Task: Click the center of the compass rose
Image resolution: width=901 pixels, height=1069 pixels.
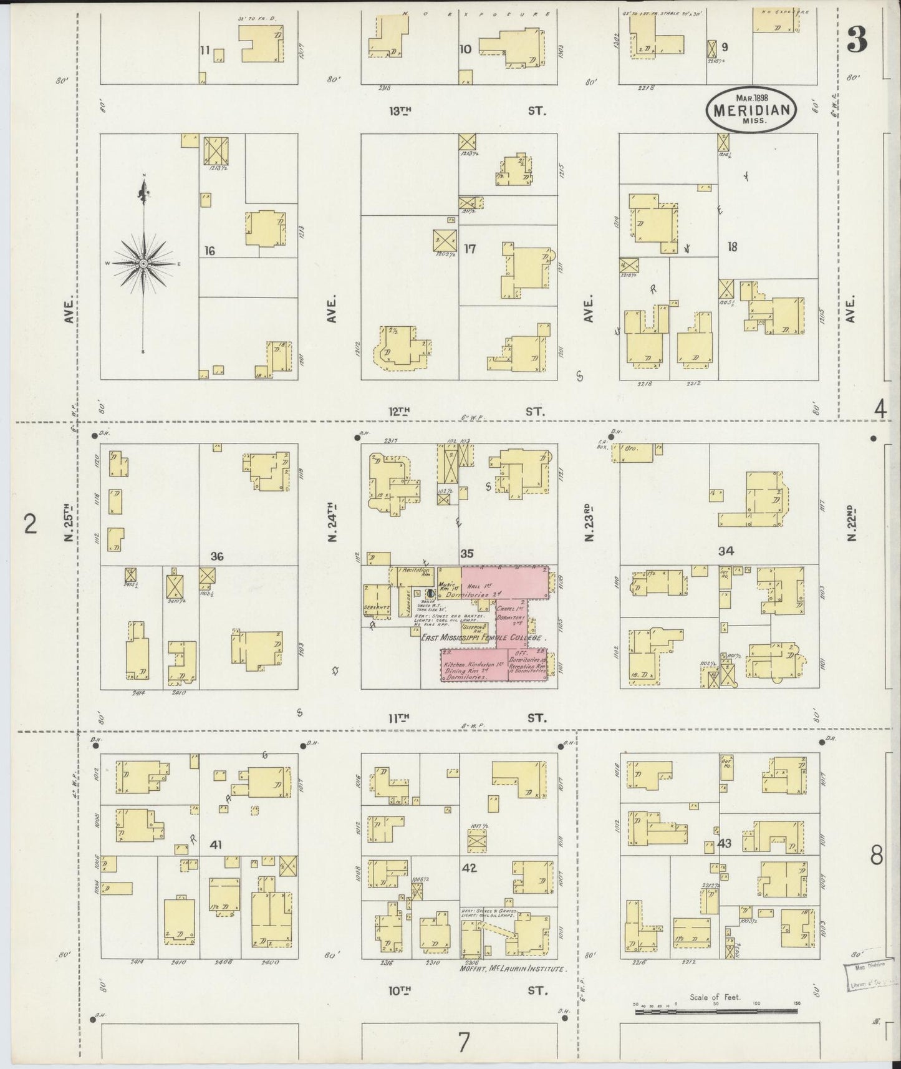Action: [x=144, y=264]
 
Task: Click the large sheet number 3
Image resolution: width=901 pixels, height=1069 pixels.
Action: [x=857, y=41]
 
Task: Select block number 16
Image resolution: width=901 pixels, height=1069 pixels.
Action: [x=209, y=251]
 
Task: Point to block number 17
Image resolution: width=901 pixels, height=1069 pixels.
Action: [x=470, y=249]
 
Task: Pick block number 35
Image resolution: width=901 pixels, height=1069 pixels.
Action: [x=468, y=553]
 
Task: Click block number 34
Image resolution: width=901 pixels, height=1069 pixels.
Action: [x=726, y=551]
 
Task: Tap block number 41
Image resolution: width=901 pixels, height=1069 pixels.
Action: [x=216, y=845]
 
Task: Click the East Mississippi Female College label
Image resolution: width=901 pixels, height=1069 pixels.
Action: [x=483, y=638]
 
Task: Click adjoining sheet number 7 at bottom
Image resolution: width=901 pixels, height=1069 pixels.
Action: [x=463, y=1042]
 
